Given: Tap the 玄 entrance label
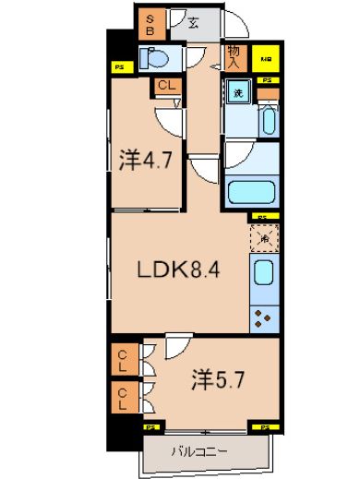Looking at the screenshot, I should point(194,23).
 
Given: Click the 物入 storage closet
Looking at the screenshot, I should point(234,58).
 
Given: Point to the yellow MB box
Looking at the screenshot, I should point(266,57).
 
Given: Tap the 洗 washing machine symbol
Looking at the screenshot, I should point(237,93).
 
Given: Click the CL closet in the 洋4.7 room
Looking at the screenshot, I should point(167,87).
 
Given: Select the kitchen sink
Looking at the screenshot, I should point(261,275).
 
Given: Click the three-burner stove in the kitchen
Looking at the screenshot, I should point(261,317).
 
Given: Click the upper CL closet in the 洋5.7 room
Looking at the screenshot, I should point(123,359).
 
